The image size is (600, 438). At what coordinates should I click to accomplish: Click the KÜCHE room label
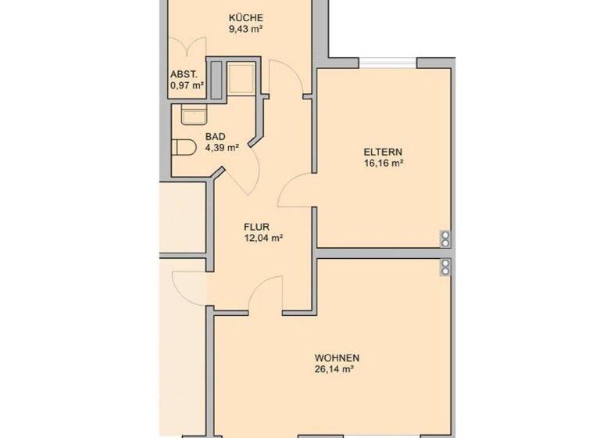(x=245, y=18)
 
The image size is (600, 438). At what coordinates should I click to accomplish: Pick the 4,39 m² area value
(x=222, y=146)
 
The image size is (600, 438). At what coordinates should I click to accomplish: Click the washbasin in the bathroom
(x=192, y=115)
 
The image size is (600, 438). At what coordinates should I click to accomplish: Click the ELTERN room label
(x=383, y=152)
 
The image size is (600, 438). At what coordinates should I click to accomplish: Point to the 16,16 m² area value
(x=383, y=163)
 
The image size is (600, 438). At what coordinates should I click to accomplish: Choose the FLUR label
(x=256, y=227)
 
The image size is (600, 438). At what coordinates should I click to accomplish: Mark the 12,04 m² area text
(x=262, y=239)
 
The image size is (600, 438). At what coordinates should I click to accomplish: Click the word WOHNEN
(x=337, y=358)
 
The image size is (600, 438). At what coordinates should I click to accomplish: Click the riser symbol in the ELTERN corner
(x=445, y=237)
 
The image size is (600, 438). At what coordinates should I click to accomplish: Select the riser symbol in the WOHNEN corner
(x=445, y=267)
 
